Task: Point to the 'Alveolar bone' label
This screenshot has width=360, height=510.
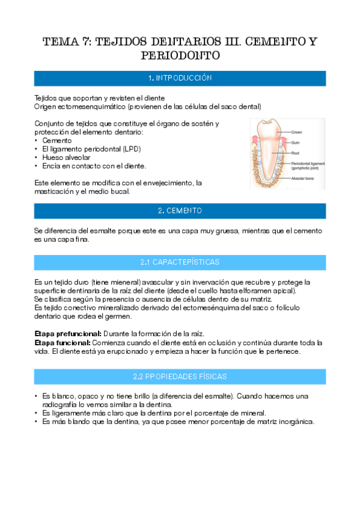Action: tap(304, 179)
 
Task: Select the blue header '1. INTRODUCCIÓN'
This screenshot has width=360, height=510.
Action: tap(180, 79)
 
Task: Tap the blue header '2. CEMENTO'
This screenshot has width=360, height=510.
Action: tap(180, 210)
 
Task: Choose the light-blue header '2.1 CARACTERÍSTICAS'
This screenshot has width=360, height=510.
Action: tap(180, 262)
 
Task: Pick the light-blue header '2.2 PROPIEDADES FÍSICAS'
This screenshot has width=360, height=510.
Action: tap(180, 376)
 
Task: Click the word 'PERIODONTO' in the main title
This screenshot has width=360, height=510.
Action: tap(180, 56)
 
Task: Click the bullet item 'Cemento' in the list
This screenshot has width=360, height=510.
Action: tap(57, 140)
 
